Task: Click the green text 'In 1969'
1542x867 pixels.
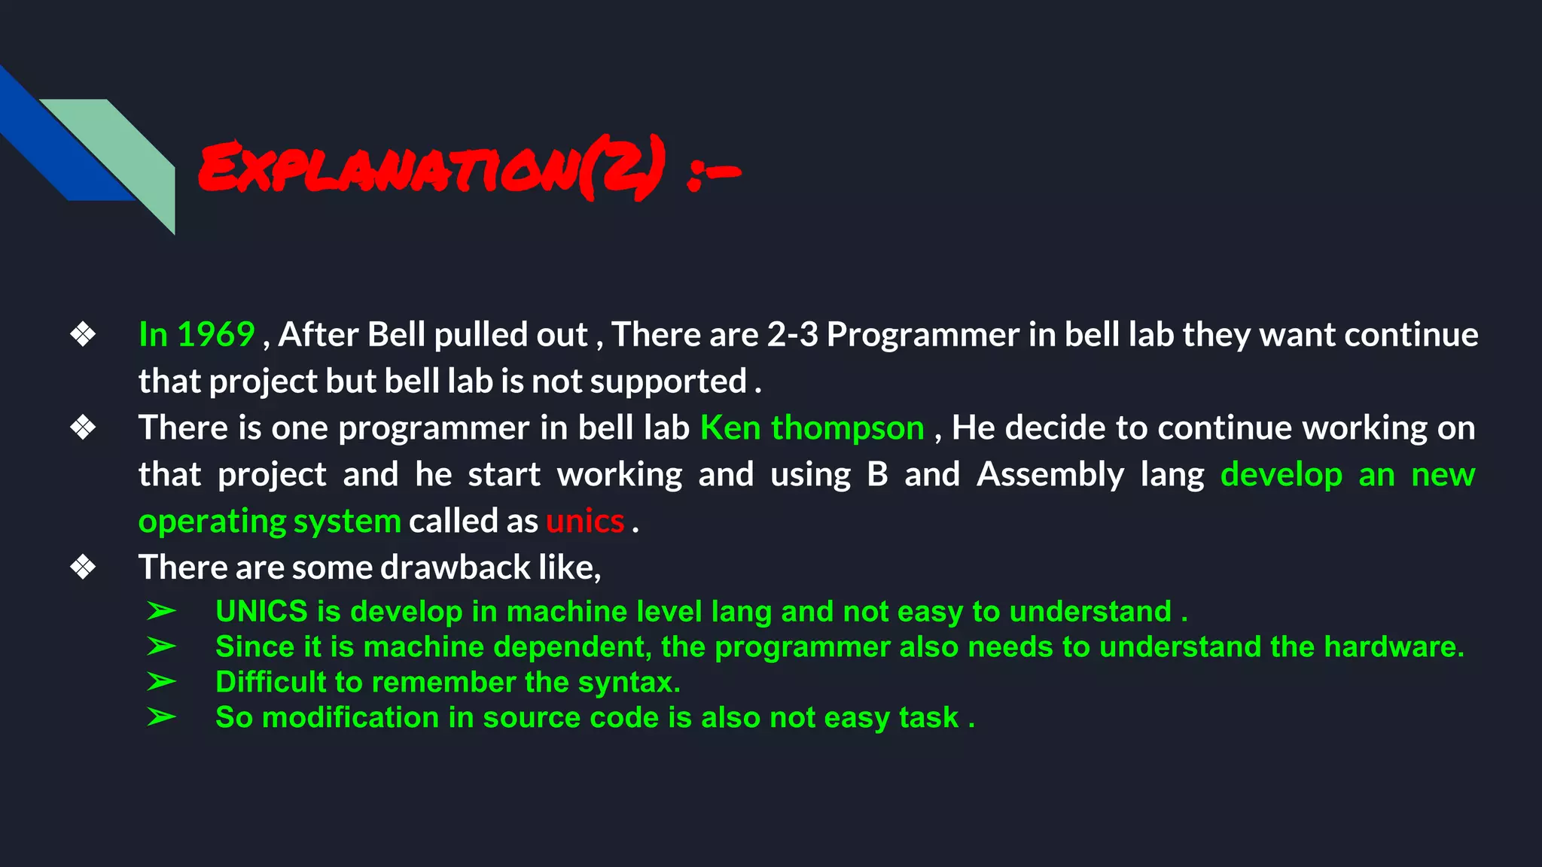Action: (197, 334)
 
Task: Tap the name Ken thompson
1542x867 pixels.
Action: (812, 427)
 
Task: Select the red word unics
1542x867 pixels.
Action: (585, 521)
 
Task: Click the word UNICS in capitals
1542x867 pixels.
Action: (261, 611)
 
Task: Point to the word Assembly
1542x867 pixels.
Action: (1050, 474)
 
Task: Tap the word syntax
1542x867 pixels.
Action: (629, 682)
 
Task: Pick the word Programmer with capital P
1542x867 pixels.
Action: (922, 334)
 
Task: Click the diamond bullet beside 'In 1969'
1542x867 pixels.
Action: (83, 334)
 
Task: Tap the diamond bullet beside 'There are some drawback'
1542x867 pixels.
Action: (83, 567)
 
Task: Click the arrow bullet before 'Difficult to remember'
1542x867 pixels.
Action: (161, 682)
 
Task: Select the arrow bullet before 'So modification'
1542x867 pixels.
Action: (161, 717)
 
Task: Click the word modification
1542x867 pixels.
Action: (350, 717)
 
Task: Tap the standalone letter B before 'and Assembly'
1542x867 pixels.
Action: (877, 474)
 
